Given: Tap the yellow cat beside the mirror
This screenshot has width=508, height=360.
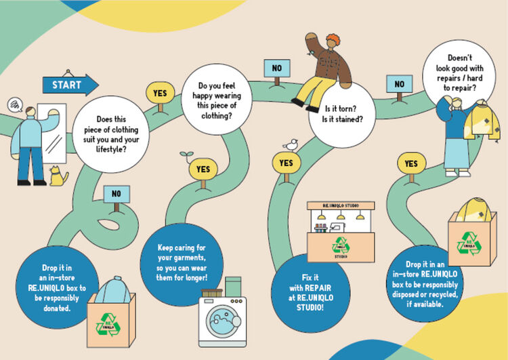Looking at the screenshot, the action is (x=60, y=177).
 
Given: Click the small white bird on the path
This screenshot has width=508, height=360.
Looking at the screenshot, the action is (x=291, y=144).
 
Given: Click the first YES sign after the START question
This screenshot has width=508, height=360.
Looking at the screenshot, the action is (x=160, y=93).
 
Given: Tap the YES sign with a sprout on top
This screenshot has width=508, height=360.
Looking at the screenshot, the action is (x=203, y=169).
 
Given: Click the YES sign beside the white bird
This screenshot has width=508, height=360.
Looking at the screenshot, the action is (x=286, y=163).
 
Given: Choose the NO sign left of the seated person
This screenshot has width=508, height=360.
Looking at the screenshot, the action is (x=276, y=68).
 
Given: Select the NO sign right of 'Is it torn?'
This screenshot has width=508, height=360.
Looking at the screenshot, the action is (x=400, y=85).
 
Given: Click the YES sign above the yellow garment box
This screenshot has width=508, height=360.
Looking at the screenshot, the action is (x=410, y=164).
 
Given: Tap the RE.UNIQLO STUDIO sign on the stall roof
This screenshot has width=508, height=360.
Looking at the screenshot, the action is (x=341, y=205).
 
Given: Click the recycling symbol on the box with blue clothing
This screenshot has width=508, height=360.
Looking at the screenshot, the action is (x=107, y=324).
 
